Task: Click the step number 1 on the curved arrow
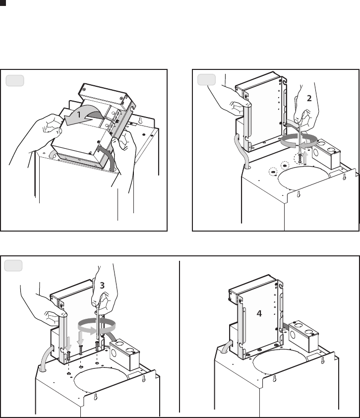pos(79,115)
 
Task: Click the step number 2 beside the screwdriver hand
pos(309,98)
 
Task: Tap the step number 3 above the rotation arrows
pos(102,286)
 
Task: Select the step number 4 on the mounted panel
pos(259,313)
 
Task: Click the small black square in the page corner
pos(2,3)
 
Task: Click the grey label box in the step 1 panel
pos(15,80)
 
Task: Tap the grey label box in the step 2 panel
pos(206,80)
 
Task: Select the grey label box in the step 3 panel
pos(13,266)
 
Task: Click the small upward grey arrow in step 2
pos(305,158)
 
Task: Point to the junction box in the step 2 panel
pos(326,153)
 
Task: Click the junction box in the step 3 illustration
pos(125,355)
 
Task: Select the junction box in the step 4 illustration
pos(303,336)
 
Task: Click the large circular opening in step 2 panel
pos(303,179)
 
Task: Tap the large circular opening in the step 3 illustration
pos(101,380)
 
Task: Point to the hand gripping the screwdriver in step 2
pos(306,107)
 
